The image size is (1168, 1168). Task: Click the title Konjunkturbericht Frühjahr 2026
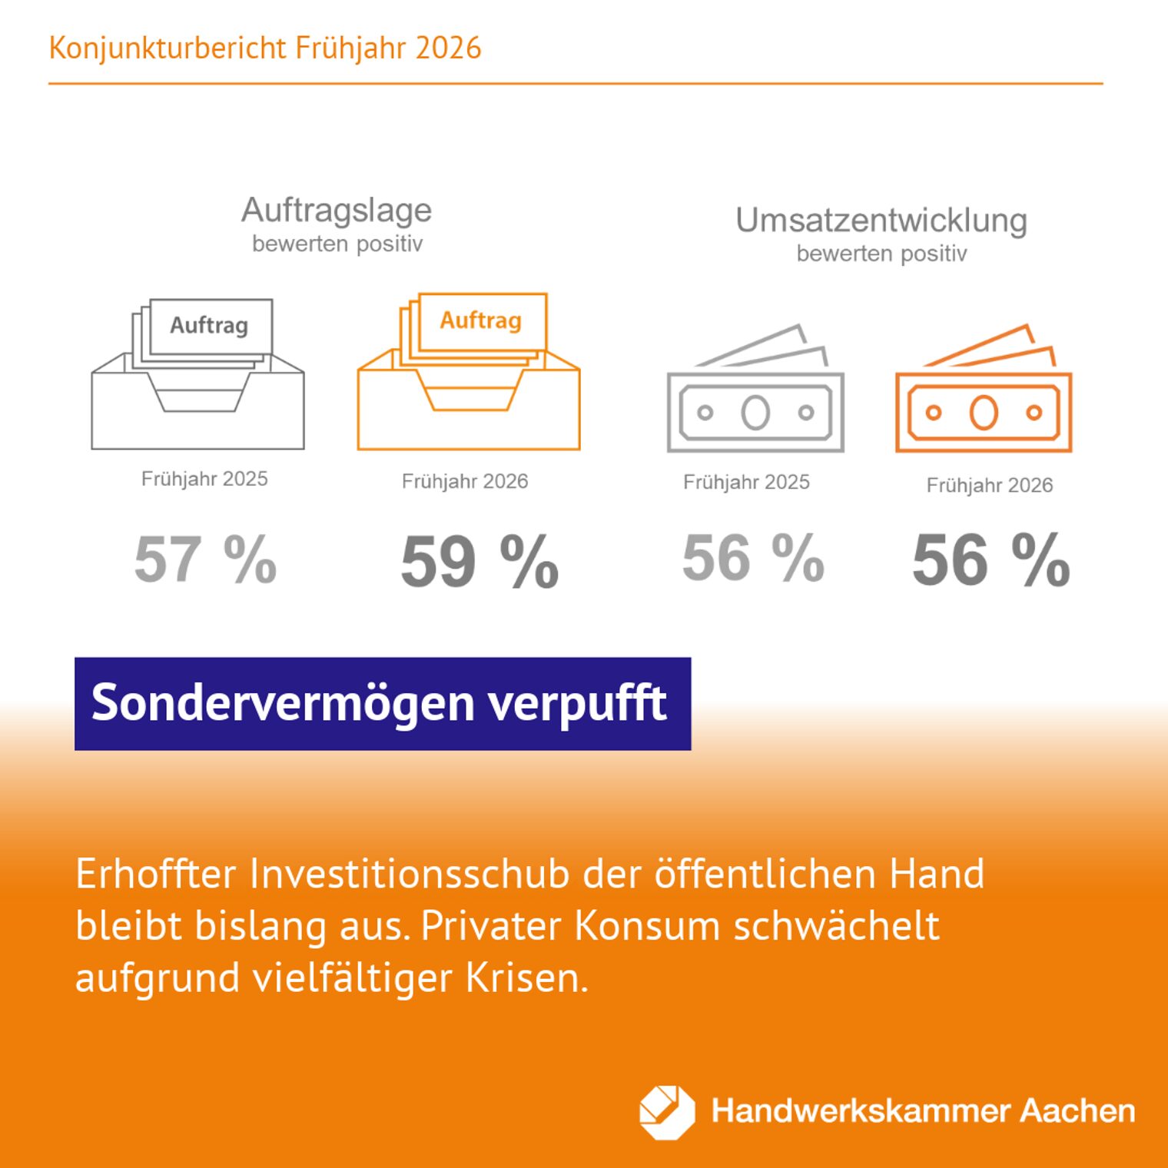click(x=265, y=48)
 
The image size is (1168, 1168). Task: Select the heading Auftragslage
click(x=337, y=210)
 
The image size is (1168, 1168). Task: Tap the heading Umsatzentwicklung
click(x=881, y=221)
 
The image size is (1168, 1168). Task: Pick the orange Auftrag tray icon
click(x=469, y=373)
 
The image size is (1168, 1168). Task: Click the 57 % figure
click(x=205, y=559)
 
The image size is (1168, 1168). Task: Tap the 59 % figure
click(x=479, y=561)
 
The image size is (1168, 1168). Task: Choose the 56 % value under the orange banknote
click(x=991, y=559)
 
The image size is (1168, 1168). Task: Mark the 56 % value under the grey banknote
click(x=753, y=557)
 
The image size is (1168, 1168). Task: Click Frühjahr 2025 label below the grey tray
click(x=204, y=479)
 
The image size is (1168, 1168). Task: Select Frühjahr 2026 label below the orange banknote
click(x=989, y=485)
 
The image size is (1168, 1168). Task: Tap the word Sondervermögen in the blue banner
click(x=283, y=703)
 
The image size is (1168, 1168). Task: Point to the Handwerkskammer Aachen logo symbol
click(x=666, y=1112)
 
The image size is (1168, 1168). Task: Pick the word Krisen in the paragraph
click(x=526, y=978)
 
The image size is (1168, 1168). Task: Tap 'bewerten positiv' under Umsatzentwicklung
click(x=881, y=254)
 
